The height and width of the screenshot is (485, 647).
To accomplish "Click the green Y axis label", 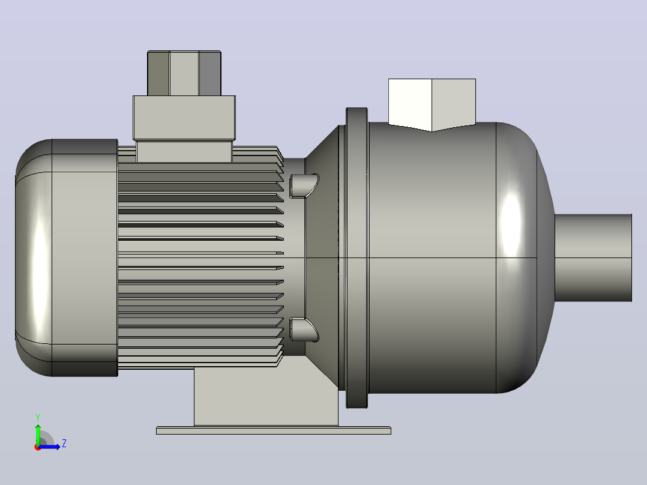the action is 38,417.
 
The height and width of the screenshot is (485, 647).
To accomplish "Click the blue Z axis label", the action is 64,444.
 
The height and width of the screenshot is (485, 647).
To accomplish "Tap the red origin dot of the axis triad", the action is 38,447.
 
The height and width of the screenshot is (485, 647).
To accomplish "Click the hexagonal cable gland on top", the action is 184,73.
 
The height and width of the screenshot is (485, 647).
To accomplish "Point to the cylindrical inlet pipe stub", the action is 593,258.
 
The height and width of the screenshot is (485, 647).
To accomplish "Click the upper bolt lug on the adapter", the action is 304,186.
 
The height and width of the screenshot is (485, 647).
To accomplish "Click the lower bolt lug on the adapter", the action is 304,330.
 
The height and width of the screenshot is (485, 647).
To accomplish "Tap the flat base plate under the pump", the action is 274,430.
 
